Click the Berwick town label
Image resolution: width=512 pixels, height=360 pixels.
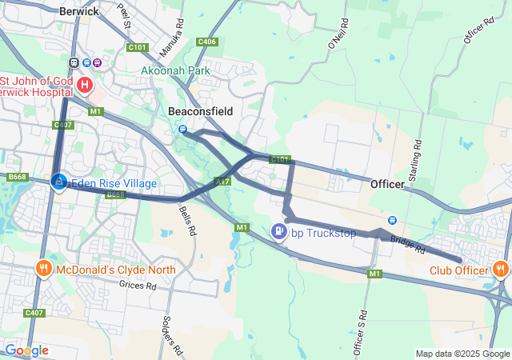[x=78, y=11]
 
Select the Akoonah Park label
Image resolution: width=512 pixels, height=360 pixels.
[x=175, y=71]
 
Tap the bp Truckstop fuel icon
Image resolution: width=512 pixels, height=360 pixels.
[x=278, y=232]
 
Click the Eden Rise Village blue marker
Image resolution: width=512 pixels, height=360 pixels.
[x=58, y=182]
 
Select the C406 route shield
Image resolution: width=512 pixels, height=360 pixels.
[x=206, y=42]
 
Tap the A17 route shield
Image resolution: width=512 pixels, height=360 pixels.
[x=222, y=182]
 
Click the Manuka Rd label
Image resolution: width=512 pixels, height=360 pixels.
[x=174, y=32]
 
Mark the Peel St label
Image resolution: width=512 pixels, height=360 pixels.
[x=125, y=18]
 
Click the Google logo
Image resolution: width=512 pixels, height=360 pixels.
[x=26, y=350]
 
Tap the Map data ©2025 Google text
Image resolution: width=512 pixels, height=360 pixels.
[x=462, y=354]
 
